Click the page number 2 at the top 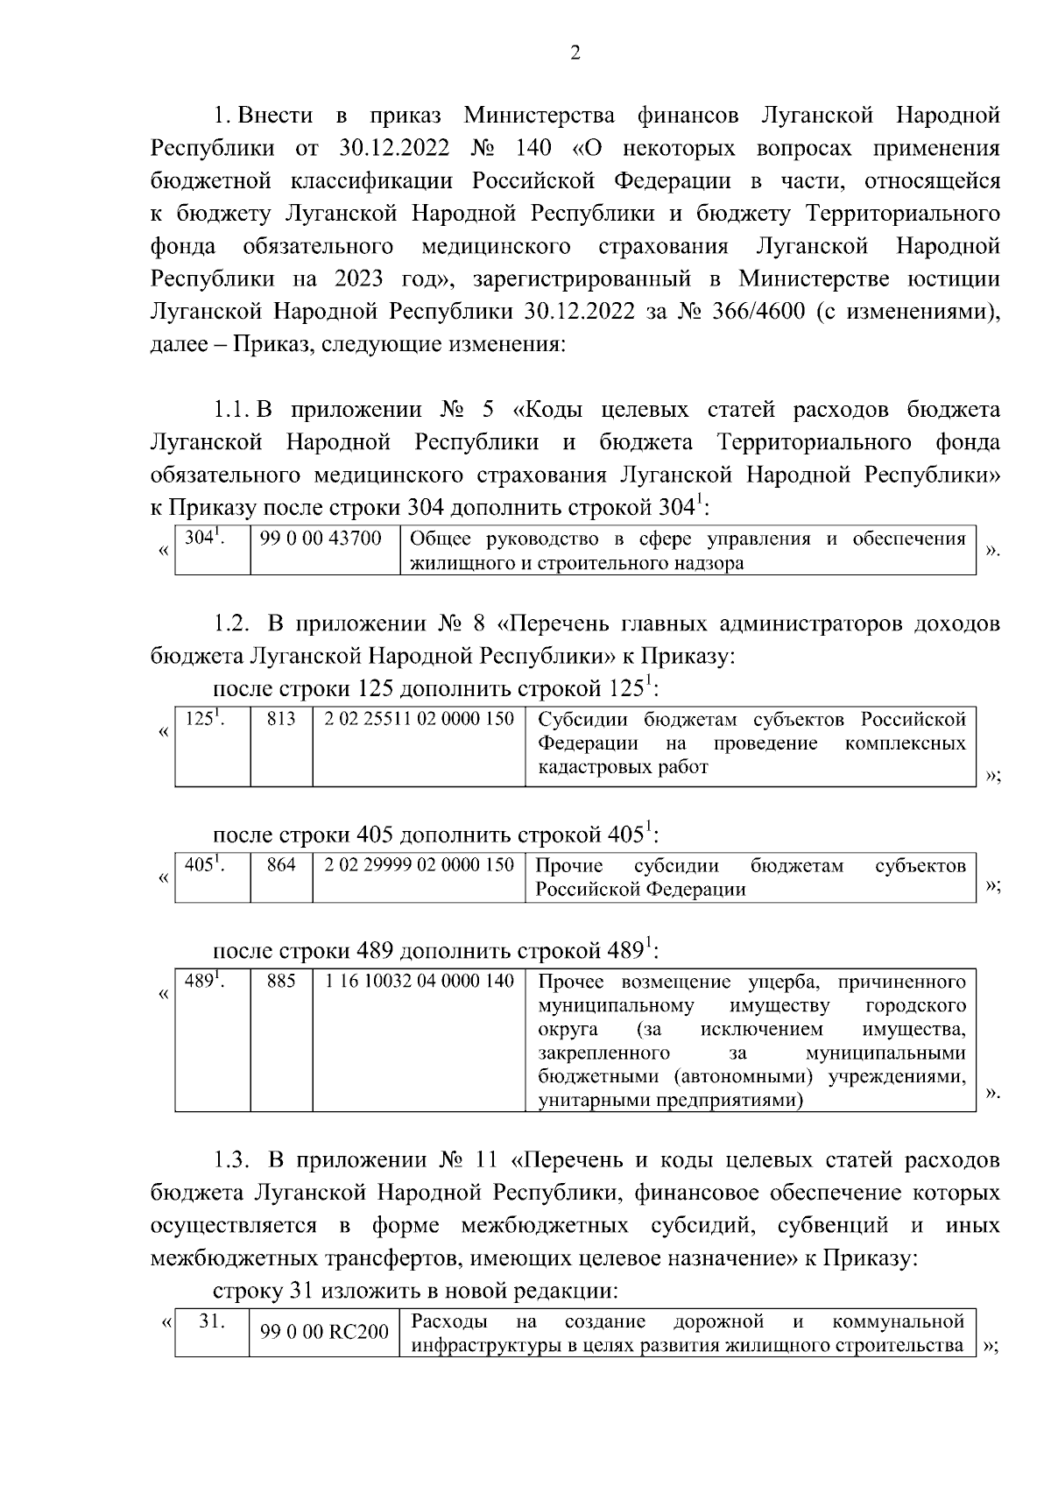[x=575, y=54]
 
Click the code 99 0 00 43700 [x=321, y=539]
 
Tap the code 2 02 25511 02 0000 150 [x=419, y=720]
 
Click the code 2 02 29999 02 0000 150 [x=419, y=865]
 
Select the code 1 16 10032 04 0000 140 [x=419, y=981]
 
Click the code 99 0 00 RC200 [x=324, y=1333]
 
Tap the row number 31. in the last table [x=211, y=1321]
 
